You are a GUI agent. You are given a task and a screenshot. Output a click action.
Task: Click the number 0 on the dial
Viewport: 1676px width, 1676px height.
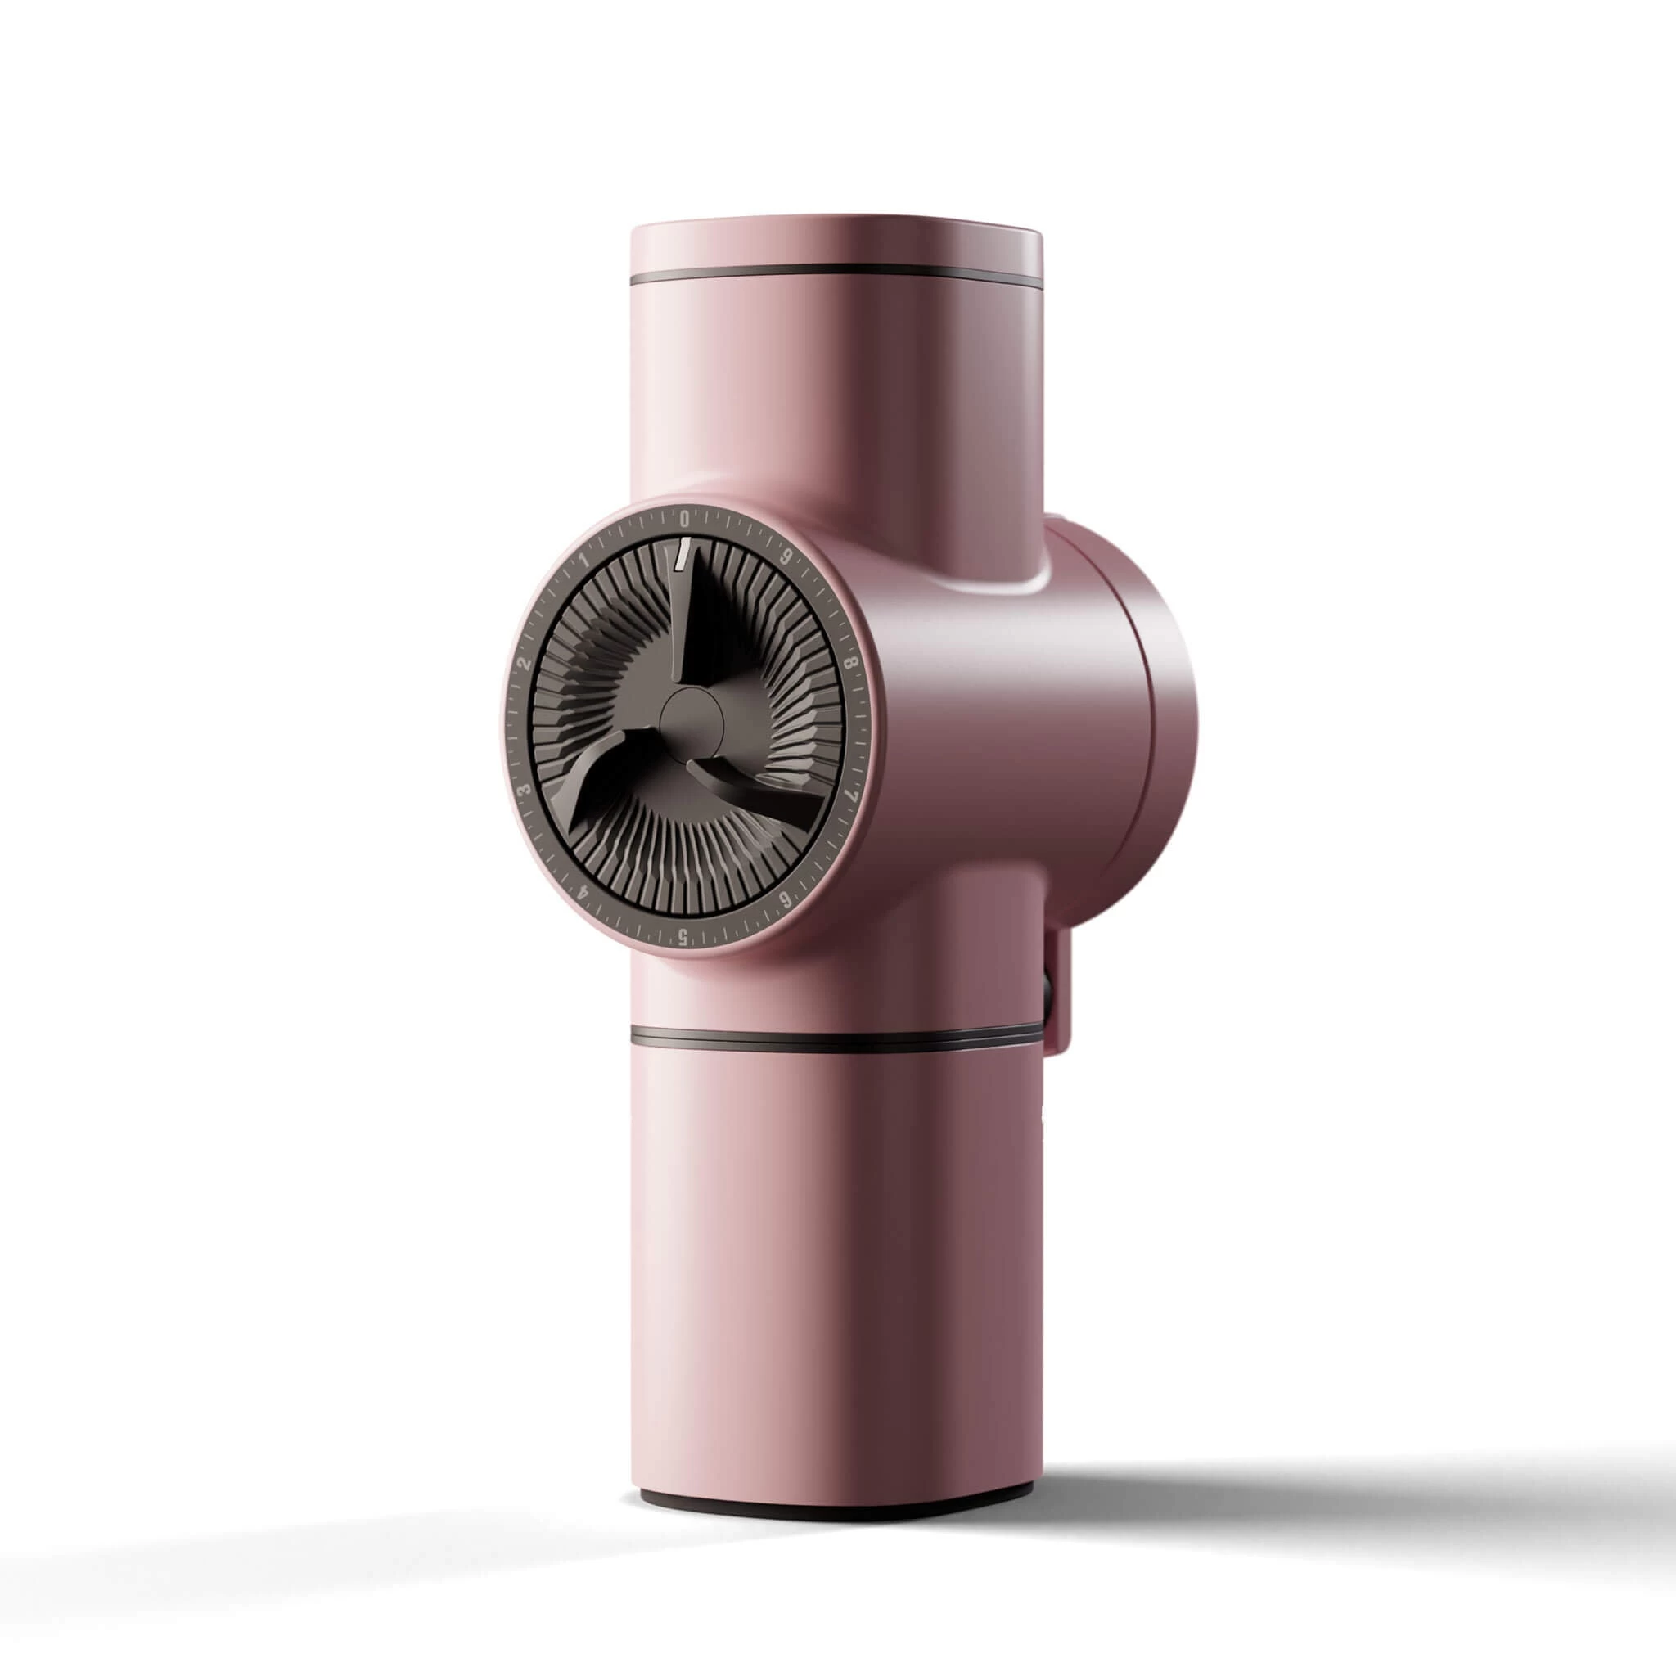pos(684,520)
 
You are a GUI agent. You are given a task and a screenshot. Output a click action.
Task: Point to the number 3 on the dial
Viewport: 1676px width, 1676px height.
pos(523,791)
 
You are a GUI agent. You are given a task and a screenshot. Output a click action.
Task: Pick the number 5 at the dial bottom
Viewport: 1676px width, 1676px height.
pos(683,936)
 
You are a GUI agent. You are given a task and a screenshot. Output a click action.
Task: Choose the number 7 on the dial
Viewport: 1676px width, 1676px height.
pos(851,795)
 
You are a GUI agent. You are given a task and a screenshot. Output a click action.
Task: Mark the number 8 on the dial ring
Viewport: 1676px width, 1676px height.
pos(851,664)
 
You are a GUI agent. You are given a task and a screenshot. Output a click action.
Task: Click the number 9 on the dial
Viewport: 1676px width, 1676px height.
pos(786,560)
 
